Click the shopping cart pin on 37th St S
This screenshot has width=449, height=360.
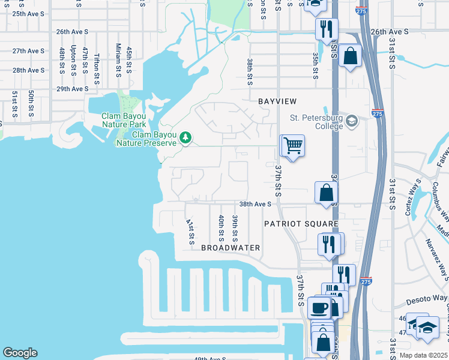click(x=292, y=146)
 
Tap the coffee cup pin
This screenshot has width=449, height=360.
click(x=319, y=308)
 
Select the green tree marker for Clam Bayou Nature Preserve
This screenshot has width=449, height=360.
click(x=186, y=138)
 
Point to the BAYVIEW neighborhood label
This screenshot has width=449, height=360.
click(x=278, y=101)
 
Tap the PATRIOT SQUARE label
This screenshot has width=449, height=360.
click(x=301, y=224)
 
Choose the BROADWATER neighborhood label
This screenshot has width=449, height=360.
click(x=231, y=248)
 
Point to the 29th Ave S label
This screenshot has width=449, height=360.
click(x=73, y=89)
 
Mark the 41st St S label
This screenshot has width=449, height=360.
click(x=190, y=232)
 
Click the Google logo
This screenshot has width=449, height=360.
click(x=20, y=353)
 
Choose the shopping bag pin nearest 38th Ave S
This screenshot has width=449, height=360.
click(x=326, y=193)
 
